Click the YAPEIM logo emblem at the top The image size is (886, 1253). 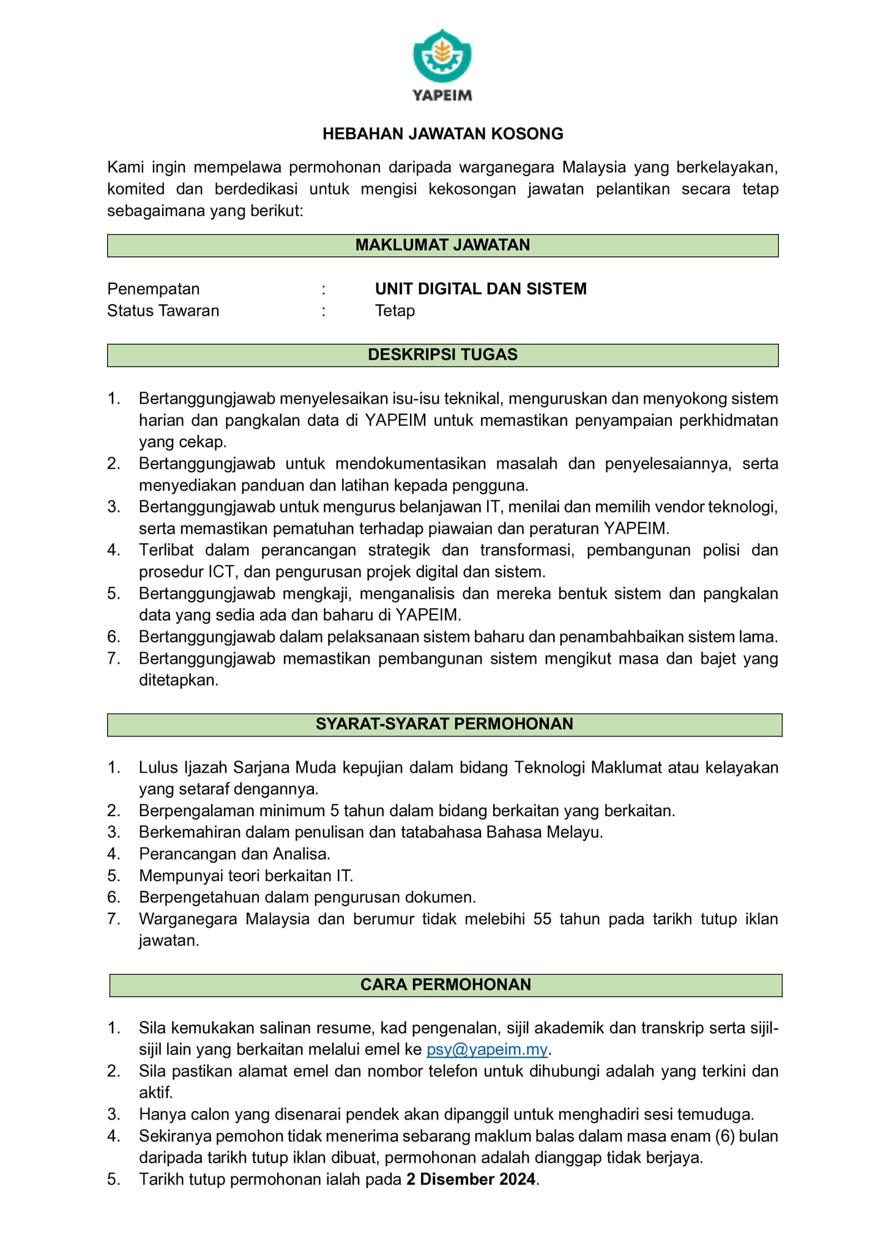pos(442,56)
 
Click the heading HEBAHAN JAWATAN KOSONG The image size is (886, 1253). pos(442,134)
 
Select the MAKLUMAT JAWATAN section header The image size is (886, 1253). pos(442,245)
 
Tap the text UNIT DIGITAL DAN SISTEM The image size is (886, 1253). pos(480,289)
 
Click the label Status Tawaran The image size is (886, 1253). pos(163,311)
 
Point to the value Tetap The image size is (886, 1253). pos(395,311)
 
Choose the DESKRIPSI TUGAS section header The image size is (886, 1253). pos(442,355)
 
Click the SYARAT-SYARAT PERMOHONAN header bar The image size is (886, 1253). pos(444,724)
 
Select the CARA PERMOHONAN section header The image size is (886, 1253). pos(445,985)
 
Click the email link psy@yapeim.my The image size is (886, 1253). pos(486,1050)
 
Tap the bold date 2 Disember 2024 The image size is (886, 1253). pos(471,1180)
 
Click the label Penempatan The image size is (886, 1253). pos(153,289)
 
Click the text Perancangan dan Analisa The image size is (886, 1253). pos(234,854)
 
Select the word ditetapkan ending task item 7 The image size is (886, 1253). pos(178,680)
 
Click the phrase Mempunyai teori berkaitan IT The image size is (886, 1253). pos(246,876)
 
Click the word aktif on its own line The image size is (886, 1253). pos(155,1093)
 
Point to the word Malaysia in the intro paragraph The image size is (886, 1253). pos(594,167)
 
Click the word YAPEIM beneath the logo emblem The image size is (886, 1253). pos(442,95)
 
